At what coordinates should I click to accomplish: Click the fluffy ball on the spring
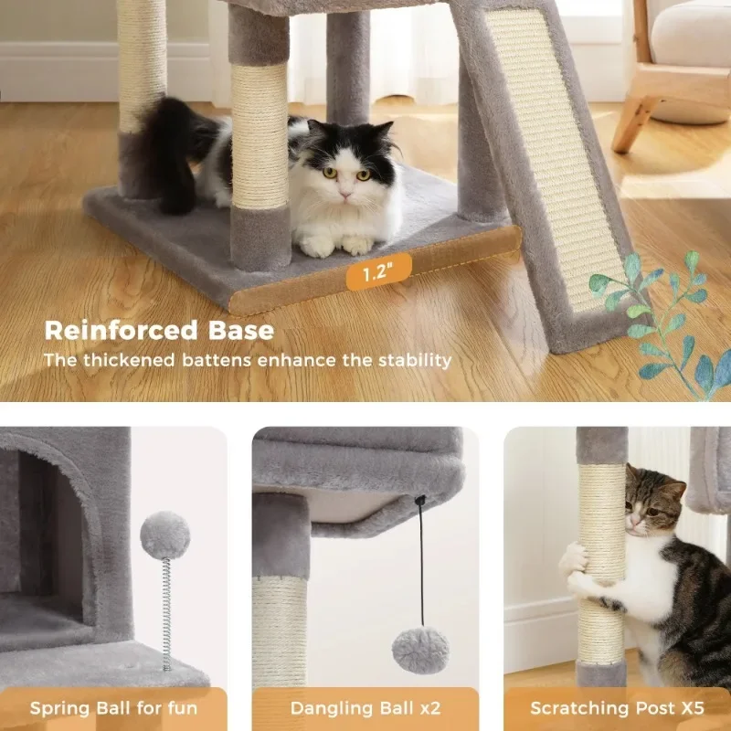164,535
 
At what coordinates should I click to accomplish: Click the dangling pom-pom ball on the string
419,650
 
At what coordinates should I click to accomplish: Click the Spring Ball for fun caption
114,708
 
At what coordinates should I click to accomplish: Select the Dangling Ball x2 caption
365,708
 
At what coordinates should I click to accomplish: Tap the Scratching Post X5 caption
618,708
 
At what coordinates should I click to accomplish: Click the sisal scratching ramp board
556,155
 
